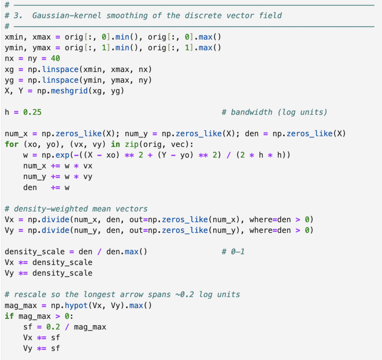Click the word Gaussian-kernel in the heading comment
(67, 16)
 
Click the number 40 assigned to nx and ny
(55, 59)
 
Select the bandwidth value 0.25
(32, 112)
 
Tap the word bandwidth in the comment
(251, 112)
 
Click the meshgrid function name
(69, 91)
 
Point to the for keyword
(12, 144)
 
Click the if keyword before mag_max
(9, 316)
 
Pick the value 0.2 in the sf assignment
(53, 327)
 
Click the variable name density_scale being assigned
(35, 251)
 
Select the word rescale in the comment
(30, 294)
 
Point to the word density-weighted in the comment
(51, 209)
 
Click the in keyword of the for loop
(116, 144)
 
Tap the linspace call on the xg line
(60, 69)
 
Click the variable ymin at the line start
(14, 48)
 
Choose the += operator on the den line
(55, 188)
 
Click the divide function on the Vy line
(55, 230)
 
